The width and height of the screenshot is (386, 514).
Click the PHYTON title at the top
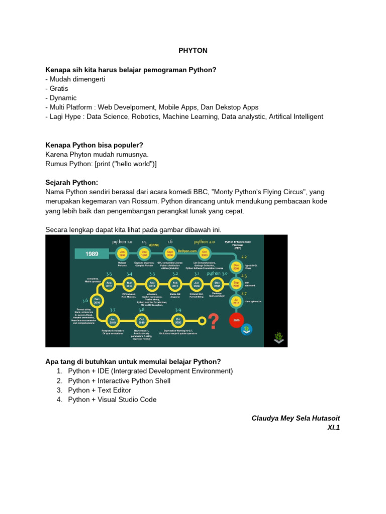pyautogui.click(x=193, y=51)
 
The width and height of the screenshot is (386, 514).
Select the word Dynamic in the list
pyautogui.click(x=63, y=98)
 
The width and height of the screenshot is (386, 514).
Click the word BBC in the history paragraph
pyautogui.click(x=196, y=192)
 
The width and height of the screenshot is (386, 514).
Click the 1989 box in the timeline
pyautogui.click(x=91, y=254)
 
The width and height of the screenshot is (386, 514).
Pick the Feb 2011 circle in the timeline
pyautogui.click(x=175, y=284)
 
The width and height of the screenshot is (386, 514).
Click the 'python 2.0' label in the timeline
pyautogui.click(x=204, y=241)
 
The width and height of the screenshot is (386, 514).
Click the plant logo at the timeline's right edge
pyautogui.click(x=279, y=338)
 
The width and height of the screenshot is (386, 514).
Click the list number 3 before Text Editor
pyautogui.click(x=59, y=390)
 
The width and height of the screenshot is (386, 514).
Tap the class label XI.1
pyautogui.click(x=333, y=428)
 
